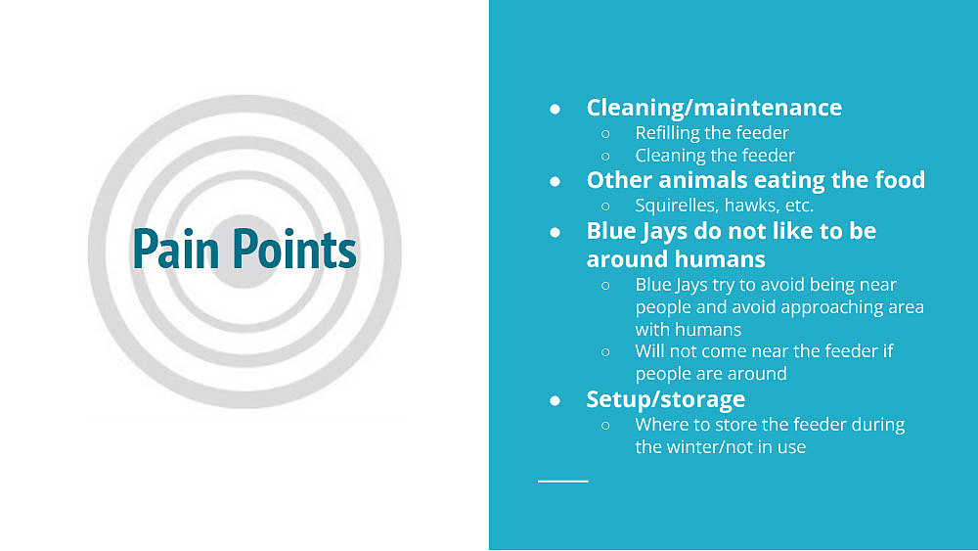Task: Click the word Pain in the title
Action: pos(175,249)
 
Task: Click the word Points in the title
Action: pos(295,249)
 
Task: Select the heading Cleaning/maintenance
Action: pos(714,108)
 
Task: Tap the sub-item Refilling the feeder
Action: pos(712,133)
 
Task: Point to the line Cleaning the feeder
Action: pos(715,156)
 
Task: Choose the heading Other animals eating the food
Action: pos(756,180)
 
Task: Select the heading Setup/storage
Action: pos(665,399)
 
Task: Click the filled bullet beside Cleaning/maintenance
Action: pos(556,110)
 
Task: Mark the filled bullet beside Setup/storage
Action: pos(556,400)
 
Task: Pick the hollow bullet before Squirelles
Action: pos(605,206)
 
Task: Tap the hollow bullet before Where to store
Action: pos(605,426)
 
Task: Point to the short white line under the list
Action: pos(562,482)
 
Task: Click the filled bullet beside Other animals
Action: pos(556,182)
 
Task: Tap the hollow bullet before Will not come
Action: pos(605,352)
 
